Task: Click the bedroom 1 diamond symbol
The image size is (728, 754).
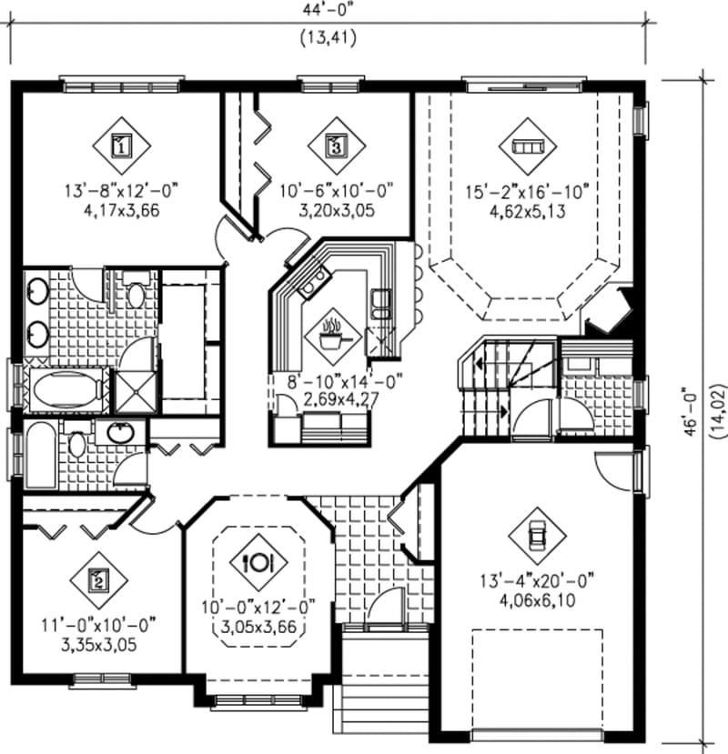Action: click(121, 144)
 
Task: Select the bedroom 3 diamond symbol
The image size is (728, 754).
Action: click(336, 144)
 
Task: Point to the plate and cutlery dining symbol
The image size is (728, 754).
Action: click(258, 561)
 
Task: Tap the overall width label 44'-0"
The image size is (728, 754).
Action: click(326, 11)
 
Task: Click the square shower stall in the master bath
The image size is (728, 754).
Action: click(136, 390)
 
